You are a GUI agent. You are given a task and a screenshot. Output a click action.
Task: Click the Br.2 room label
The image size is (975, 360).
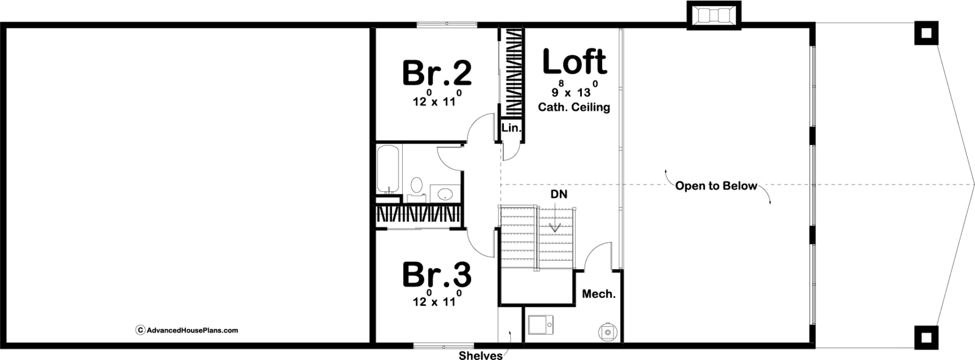click(436, 72)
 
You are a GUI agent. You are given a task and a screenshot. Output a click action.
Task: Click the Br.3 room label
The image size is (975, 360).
click(436, 274)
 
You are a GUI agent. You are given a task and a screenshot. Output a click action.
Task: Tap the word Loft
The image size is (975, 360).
click(575, 61)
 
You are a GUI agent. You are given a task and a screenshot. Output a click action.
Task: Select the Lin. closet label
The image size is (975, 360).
click(511, 128)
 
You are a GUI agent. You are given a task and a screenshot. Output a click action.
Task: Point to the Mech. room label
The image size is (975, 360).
click(599, 294)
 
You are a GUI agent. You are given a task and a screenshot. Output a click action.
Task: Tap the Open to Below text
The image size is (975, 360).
click(716, 186)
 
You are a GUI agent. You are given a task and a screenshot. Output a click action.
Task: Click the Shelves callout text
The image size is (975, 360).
click(481, 356)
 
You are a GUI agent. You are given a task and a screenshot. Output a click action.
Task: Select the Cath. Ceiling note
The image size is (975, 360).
click(574, 107)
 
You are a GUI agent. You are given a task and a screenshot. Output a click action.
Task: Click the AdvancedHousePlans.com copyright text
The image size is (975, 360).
click(188, 330)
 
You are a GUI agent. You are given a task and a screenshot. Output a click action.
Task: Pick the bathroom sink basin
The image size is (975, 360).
click(445, 194)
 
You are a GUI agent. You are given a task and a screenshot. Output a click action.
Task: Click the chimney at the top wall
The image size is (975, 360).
click(714, 16)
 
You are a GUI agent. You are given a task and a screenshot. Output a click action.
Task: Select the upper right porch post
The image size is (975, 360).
click(926, 33)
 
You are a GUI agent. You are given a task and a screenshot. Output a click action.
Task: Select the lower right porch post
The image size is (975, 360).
click(926, 337)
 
